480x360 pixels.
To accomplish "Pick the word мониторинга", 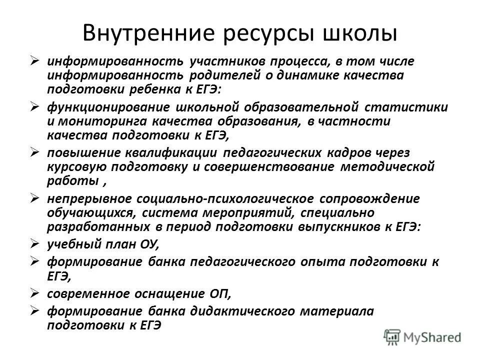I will (x=101, y=121).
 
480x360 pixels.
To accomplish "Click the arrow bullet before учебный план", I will (x=34, y=244).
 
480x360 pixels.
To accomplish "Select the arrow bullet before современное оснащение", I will (x=34, y=293).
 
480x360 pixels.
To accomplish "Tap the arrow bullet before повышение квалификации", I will (x=34, y=152).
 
